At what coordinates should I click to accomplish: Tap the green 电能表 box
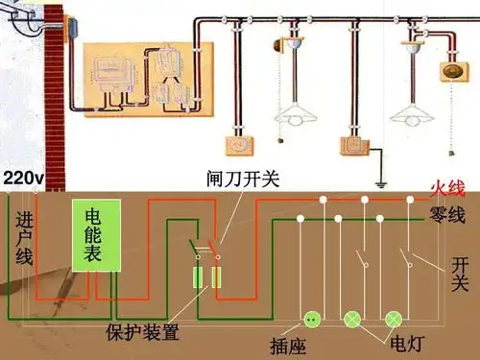97,234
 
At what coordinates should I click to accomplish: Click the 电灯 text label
404,340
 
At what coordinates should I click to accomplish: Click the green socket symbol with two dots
312,319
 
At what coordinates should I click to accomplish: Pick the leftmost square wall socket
237,145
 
